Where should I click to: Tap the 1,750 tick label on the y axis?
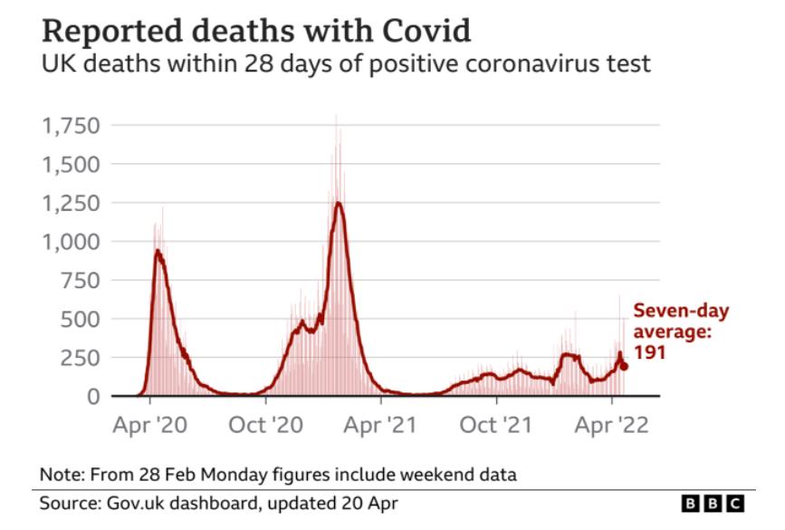(x=72, y=125)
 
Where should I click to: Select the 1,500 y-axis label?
(x=72, y=164)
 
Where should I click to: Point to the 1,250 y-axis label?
(x=72, y=203)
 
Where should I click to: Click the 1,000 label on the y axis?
(x=72, y=242)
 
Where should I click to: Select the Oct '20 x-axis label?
(x=265, y=425)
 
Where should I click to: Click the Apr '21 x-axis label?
(x=380, y=425)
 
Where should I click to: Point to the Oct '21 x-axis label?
(x=496, y=425)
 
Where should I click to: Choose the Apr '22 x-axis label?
(x=611, y=425)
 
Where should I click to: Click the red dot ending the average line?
(x=624, y=366)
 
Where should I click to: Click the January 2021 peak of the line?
(x=339, y=203)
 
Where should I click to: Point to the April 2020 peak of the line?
(x=158, y=251)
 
